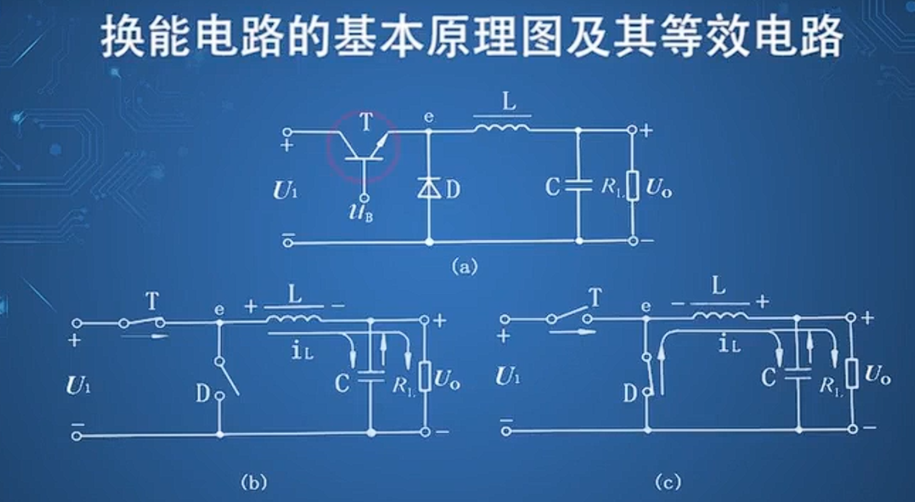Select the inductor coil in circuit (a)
pyautogui.click(x=502, y=128)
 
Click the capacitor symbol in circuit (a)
pyautogui.click(x=577, y=186)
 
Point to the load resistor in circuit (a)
pyautogui.click(x=632, y=186)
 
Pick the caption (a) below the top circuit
pyautogui.click(x=465, y=267)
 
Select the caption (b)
pyautogui.click(x=254, y=482)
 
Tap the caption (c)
pyautogui.click(x=667, y=482)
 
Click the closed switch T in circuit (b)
pyautogui.click(x=142, y=322)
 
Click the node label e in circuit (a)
pyautogui.click(x=429, y=117)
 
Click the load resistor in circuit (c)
pyautogui.click(x=851, y=374)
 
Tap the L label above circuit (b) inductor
pyautogui.click(x=293, y=293)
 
